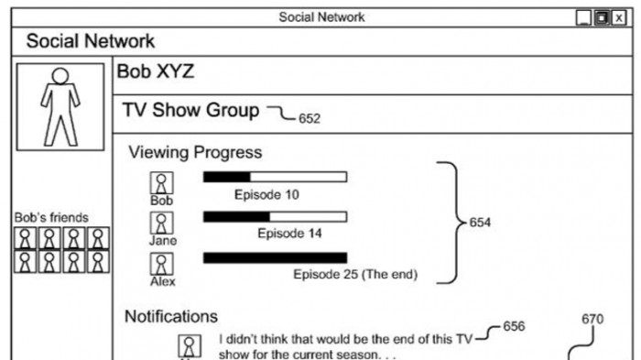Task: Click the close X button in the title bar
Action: pos(619,18)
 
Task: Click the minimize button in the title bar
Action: pos(583,18)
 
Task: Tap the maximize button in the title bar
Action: pos(602,18)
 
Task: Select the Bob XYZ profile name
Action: pos(156,71)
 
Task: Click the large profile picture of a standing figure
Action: pos(60,107)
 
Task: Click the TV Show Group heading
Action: pos(190,110)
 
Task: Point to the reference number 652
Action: pos(310,119)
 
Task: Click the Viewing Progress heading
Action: pos(195,152)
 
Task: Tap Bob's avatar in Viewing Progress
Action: pos(161,183)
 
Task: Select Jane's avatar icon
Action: pos(161,223)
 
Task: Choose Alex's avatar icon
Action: pos(161,264)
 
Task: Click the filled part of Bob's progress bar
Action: pos(227,177)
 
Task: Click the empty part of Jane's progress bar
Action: pos(309,217)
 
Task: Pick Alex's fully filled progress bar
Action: pos(275,257)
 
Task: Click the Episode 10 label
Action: pos(266,195)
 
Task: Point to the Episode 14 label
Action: pos(289,234)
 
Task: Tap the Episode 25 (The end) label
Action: pos(355,274)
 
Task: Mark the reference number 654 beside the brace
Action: pos(480,223)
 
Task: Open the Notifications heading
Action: pos(171,317)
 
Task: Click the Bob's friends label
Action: pos(51,218)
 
